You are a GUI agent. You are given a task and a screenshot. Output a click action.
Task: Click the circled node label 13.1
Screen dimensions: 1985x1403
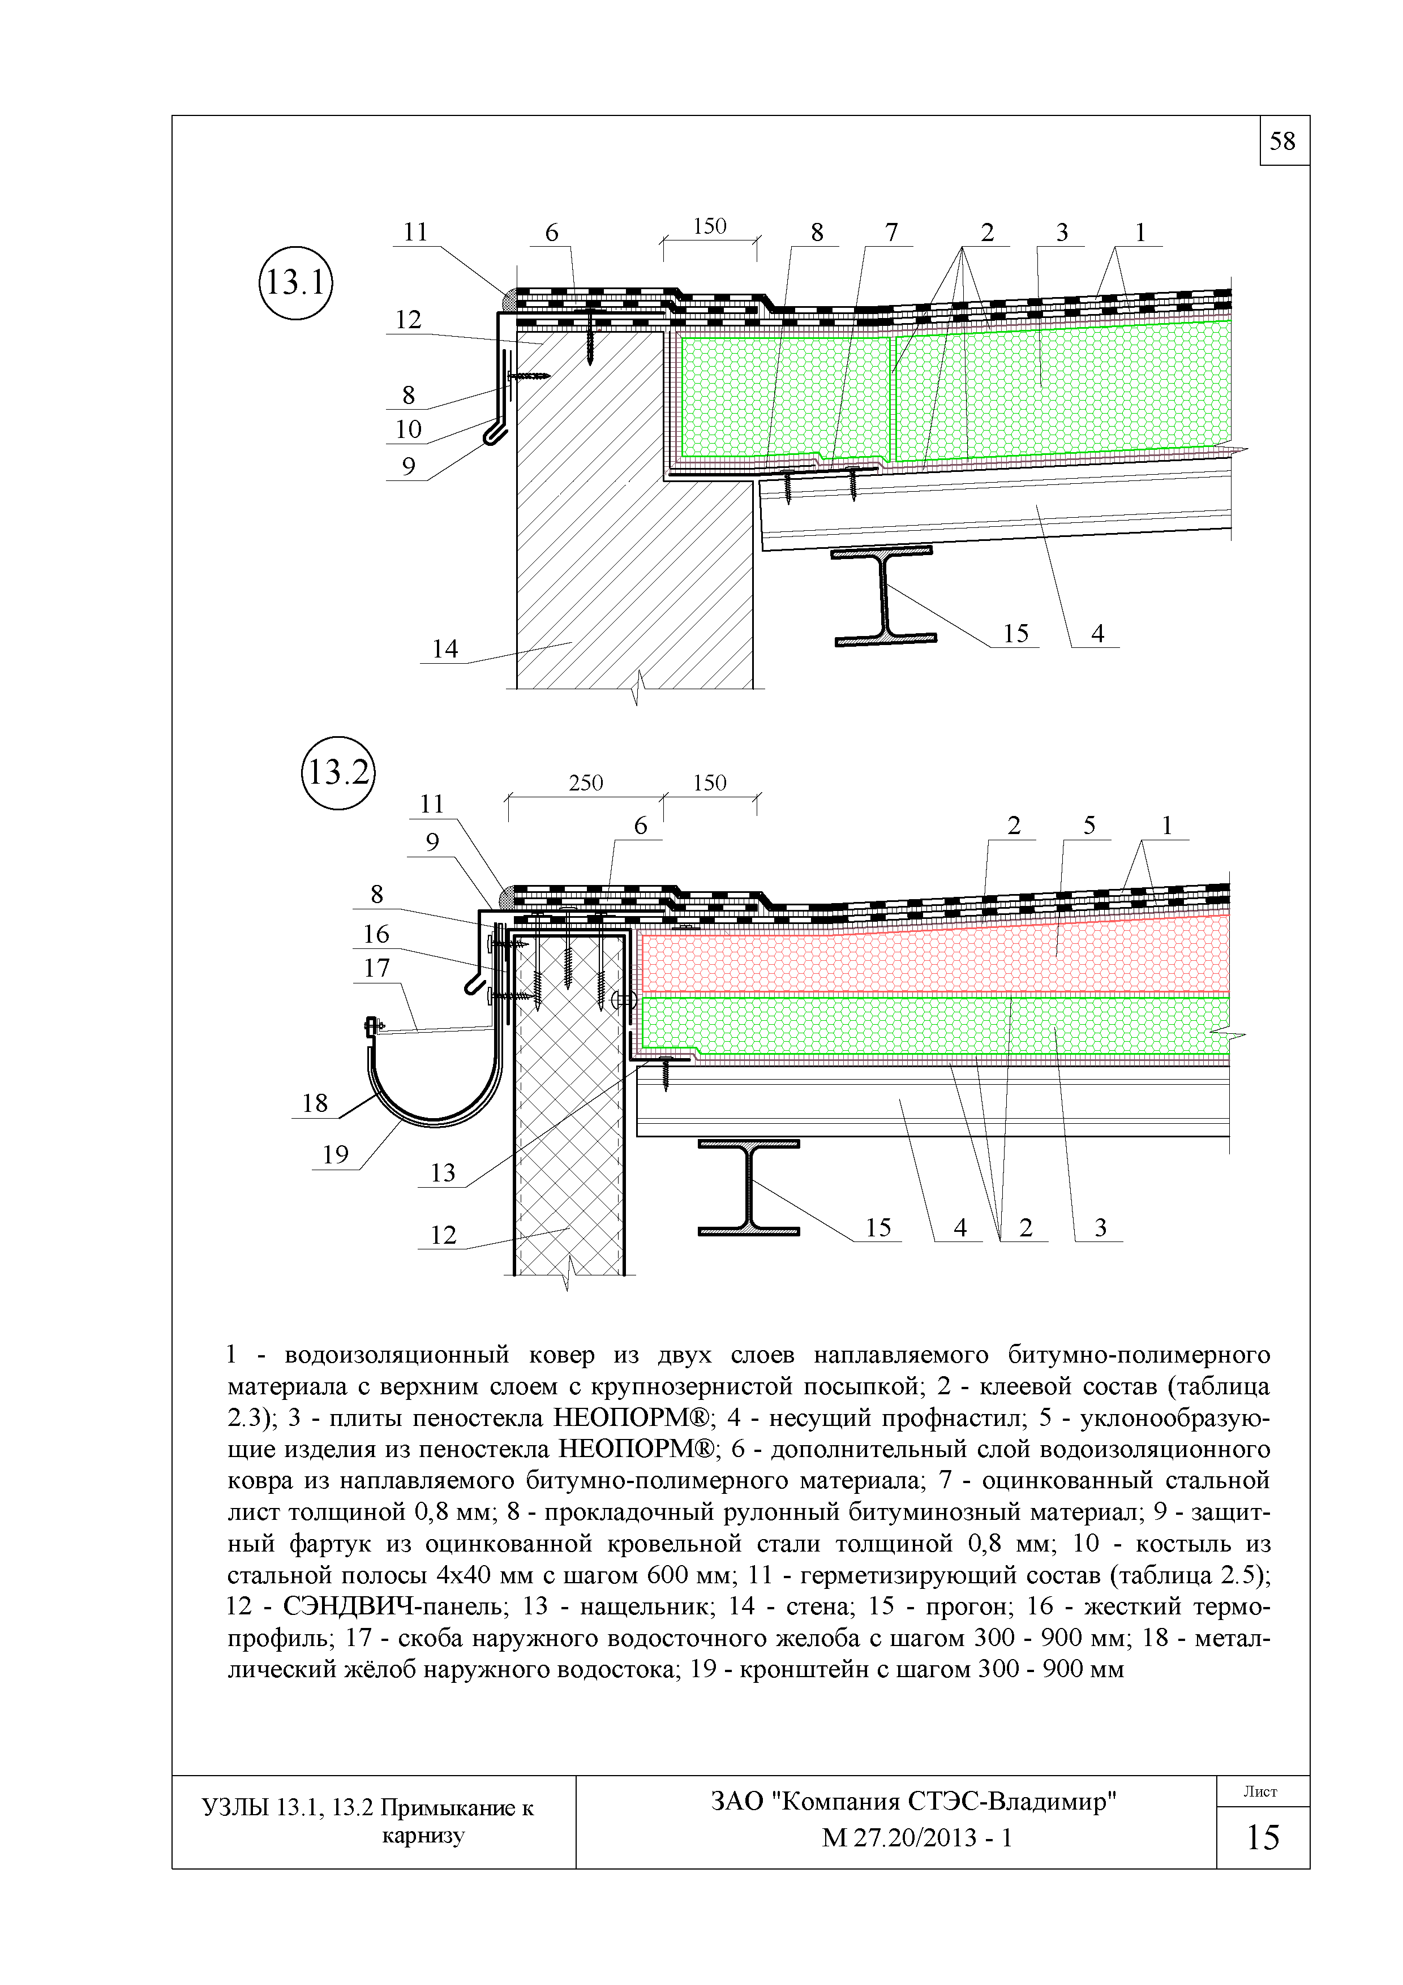(x=295, y=283)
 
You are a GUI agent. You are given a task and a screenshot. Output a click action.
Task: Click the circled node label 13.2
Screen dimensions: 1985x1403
(x=338, y=772)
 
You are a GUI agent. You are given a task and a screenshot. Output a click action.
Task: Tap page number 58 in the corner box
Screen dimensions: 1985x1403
(x=1283, y=141)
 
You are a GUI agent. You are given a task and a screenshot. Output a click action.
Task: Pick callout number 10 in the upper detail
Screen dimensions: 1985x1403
(x=408, y=429)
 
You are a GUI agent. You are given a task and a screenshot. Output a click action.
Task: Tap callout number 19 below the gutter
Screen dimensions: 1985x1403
(x=336, y=1154)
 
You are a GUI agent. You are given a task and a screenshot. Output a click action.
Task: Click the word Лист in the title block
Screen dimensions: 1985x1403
(x=1260, y=1792)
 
